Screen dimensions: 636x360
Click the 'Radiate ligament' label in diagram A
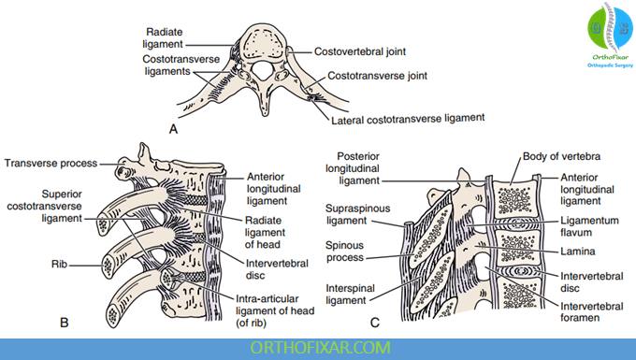[x=165, y=37]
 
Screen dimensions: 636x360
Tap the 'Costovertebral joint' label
[x=360, y=51]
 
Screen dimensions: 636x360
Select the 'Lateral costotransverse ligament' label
[x=408, y=119]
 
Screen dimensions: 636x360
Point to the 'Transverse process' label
[x=51, y=164]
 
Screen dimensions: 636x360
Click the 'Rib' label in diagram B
[x=59, y=265]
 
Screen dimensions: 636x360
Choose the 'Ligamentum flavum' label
[x=589, y=226]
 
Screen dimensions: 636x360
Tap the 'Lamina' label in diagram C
[x=578, y=252]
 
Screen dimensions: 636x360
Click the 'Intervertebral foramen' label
[x=591, y=311]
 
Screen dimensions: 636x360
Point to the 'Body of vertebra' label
[x=561, y=156]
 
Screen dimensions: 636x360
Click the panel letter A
[x=173, y=129]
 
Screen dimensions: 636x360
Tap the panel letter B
[x=64, y=323]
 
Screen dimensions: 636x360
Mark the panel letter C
[x=375, y=323]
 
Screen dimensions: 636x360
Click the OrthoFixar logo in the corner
[x=610, y=35]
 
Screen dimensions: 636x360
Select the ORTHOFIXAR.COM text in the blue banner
[x=320, y=348]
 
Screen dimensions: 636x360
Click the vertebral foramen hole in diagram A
[x=262, y=70]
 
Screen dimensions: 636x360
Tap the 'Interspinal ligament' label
[x=350, y=295]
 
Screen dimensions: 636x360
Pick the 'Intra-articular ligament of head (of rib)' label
[x=275, y=311]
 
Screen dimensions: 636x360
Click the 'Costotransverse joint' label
[x=377, y=76]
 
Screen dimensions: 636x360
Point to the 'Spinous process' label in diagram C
[x=345, y=252]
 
